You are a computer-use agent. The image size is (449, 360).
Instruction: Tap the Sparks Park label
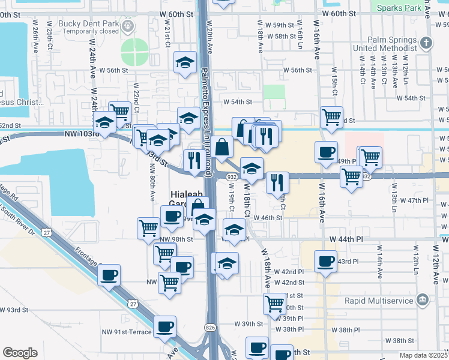[396, 8]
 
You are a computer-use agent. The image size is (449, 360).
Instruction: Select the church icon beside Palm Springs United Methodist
[426, 43]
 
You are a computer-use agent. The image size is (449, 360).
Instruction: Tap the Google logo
[20, 353]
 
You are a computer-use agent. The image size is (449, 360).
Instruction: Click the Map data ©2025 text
[424, 355]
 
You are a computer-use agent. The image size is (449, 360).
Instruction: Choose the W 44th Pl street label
[346, 239]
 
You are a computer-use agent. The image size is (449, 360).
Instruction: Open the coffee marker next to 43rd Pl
[325, 261]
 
